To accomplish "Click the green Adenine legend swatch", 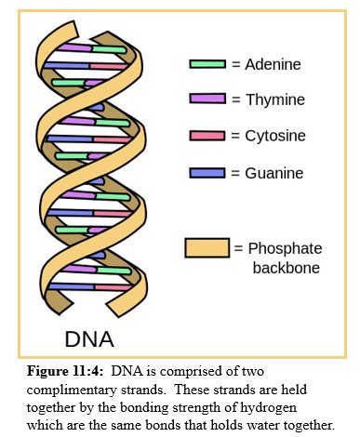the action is (x=207, y=64).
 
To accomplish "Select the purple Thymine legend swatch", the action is (x=207, y=99).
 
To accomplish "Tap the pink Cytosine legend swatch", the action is (x=207, y=135).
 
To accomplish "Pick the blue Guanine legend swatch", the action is (x=207, y=172).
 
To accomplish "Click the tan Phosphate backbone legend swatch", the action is (x=207, y=248).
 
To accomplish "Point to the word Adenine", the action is (x=275, y=64).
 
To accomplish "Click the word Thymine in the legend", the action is (x=275, y=99).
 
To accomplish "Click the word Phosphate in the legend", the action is (x=283, y=248).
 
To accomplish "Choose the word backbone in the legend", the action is (x=286, y=268).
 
